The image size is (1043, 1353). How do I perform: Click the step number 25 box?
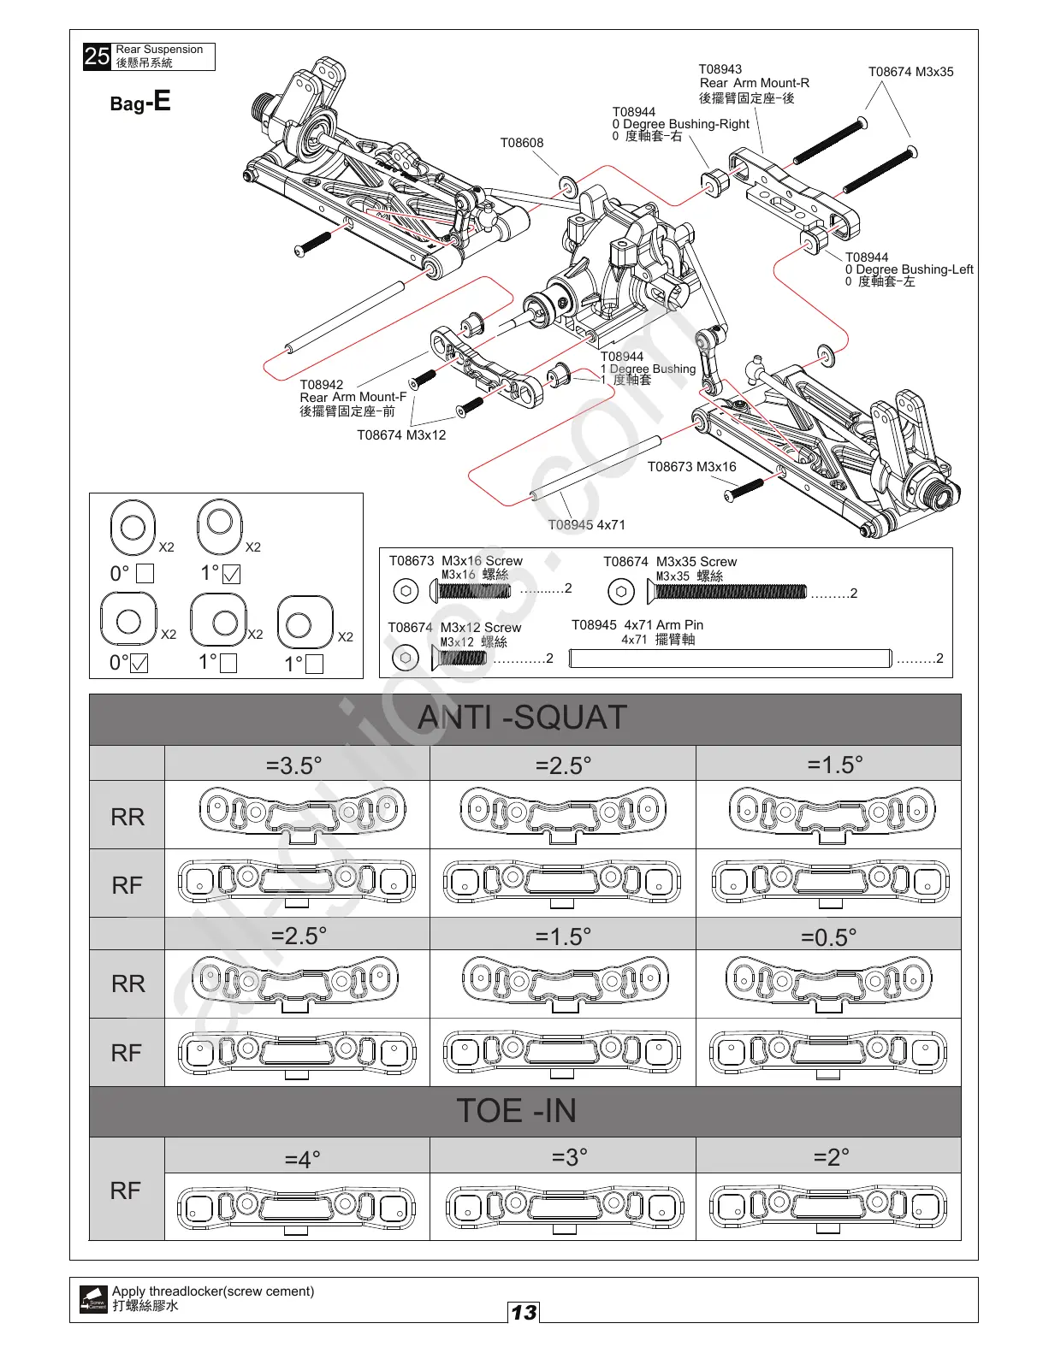click(97, 56)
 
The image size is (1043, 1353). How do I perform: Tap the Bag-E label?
click(140, 103)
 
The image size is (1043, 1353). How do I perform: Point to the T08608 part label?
click(521, 143)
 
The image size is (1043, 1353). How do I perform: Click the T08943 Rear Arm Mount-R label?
click(753, 83)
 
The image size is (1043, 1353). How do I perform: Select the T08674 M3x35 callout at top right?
click(910, 72)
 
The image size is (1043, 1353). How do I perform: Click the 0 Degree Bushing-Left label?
click(909, 269)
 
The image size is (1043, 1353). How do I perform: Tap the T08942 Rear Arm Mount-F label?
click(353, 397)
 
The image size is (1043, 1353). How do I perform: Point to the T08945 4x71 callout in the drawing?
click(586, 524)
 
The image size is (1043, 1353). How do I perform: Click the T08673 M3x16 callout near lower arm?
click(691, 466)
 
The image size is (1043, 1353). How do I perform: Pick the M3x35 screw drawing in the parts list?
click(730, 591)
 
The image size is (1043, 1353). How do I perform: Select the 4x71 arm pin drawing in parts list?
click(730, 658)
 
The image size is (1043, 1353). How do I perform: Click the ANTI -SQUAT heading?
click(523, 718)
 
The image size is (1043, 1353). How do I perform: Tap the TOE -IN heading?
click(517, 1110)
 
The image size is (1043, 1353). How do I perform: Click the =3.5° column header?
click(294, 765)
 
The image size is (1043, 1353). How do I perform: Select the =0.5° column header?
click(828, 936)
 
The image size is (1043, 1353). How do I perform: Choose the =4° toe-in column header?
click(302, 1159)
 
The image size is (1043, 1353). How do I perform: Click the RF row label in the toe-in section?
click(126, 1190)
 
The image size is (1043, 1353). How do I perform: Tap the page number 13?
click(524, 1312)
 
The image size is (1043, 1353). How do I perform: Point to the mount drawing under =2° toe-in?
click(828, 1207)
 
